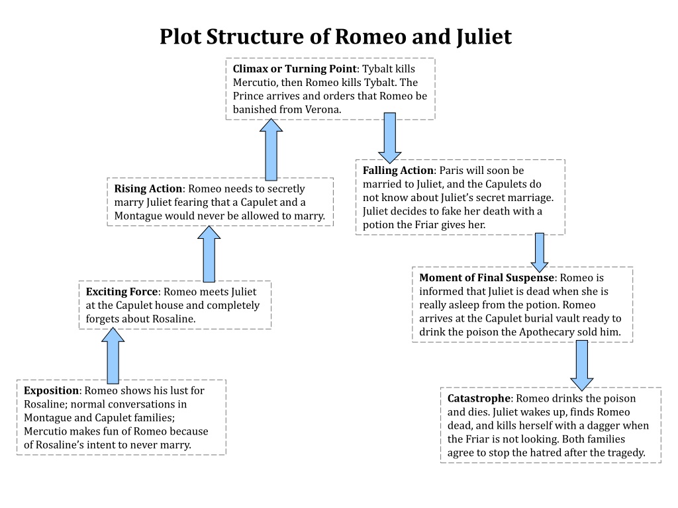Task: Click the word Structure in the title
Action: point(256,36)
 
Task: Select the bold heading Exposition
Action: point(52,390)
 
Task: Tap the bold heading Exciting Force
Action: point(122,292)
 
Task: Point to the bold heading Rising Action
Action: point(148,189)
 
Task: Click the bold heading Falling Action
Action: point(398,171)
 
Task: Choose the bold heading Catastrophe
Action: point(479,398)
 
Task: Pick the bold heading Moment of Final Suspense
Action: point(487,278)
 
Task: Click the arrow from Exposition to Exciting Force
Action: point(113,355)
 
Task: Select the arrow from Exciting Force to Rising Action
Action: point(209,254)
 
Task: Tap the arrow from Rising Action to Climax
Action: point(271,149)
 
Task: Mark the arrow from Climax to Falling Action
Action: point(389,138)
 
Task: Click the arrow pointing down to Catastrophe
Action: point(581,365)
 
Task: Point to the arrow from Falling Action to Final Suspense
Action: point(539,252)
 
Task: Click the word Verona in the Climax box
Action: point(322,110)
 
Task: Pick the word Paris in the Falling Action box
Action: point(452,171)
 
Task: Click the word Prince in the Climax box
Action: point(248,96)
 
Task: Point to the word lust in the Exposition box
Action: point(179,390)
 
